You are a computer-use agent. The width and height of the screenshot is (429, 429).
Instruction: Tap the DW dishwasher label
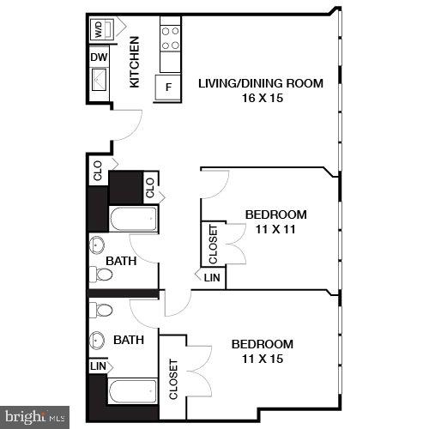[x=99, y=57]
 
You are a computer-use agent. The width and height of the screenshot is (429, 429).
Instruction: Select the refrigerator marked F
[x=167, y=88]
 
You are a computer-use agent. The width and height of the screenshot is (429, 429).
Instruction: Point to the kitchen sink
[x=100, y=81]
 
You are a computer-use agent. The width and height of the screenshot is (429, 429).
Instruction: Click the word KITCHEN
[x=135, y=63]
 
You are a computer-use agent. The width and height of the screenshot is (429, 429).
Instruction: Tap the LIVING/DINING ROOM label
[x=261, y=83]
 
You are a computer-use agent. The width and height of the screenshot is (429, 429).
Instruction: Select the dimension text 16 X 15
[x=261, y=98]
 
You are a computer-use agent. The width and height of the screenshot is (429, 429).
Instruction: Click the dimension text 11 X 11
[x=275, y=229]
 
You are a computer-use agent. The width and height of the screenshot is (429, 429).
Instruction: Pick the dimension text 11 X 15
[x=263, y=358]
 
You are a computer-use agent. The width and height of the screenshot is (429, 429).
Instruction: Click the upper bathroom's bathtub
[x=133, y=220]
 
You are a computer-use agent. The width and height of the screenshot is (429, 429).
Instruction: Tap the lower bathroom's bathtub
[x=133, y=394]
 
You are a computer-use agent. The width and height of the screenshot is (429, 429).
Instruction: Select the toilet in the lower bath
[x=102, y=309]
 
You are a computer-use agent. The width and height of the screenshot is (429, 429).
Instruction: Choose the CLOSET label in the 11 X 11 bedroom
[x=213, y=244]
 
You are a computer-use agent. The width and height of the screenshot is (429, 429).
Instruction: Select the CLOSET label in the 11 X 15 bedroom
[x=172, y=378]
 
